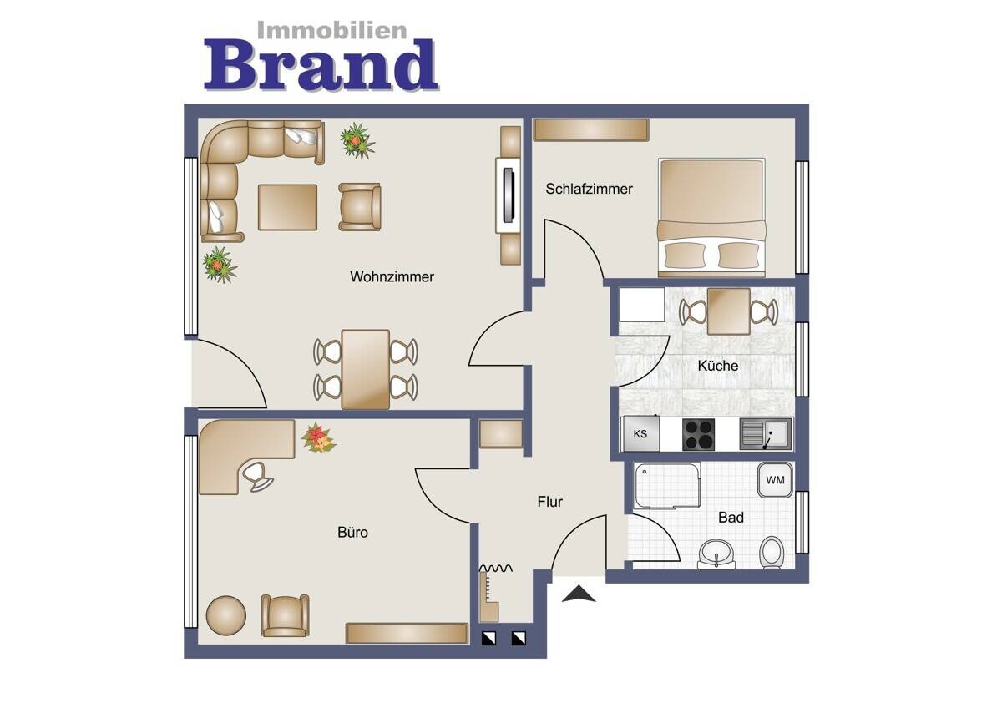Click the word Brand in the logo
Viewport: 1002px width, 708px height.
(321, 65)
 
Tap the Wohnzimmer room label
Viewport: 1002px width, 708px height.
(392, 277)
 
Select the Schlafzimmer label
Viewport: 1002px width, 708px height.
(589, 189)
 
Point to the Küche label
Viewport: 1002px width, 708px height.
(717, 366)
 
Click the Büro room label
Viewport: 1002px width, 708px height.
(352, 532)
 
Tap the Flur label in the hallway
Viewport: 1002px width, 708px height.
(549, 502)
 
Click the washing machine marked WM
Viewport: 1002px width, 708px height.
(775, 480)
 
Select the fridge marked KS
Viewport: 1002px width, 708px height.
(640, 433)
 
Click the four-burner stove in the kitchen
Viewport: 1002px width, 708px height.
(698, 434)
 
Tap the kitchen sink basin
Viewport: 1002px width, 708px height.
(766, 434)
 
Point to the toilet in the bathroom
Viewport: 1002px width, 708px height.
(772, 553)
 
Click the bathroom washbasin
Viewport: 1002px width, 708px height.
(716, 554)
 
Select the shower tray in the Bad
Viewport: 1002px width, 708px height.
(667, 486)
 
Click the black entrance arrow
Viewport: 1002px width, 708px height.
(579, 594)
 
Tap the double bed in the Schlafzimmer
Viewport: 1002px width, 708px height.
(711, 217)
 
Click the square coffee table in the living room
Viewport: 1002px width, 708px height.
(287, 208)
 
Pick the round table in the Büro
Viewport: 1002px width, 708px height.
(226, 615)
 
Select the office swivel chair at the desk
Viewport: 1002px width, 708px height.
(257, 478)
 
